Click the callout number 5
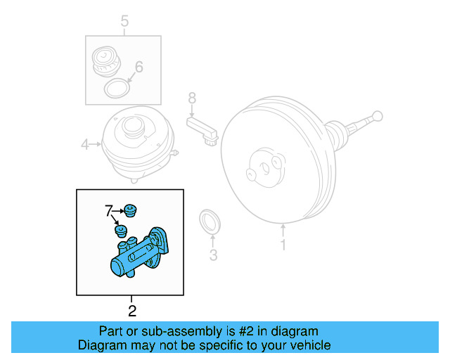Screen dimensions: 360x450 point(124,22)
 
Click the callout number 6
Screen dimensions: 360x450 point(139,67)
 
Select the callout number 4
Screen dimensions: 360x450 point(84,145)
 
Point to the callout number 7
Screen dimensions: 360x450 point(108,210)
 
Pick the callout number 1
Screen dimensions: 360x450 point(283,245)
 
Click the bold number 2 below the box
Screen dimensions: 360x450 point(131,309)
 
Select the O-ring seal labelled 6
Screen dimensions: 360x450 point(117,89)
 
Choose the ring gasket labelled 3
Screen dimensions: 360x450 point(210,221)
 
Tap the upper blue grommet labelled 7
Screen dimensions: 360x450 point(129,210)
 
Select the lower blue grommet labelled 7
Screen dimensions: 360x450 point(121,230)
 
